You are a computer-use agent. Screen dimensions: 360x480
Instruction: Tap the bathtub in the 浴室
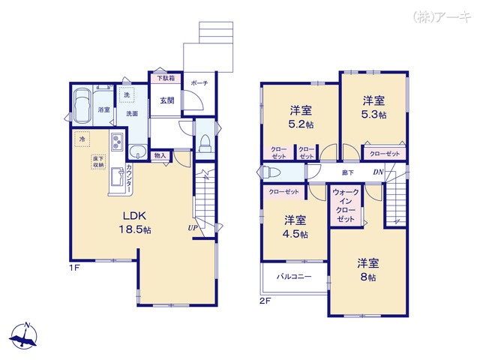click(x=82, y=102)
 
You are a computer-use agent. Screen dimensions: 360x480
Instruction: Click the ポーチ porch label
click(x=199, y=83)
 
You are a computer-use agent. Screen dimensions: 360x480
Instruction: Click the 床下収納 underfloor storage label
click(x=98, y=162)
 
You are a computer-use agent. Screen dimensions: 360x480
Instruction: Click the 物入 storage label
click(x=160, y=155)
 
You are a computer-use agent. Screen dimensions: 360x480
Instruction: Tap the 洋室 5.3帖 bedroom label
click(x=373, y=106)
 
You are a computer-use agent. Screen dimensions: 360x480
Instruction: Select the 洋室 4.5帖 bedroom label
click(x=295, y=226)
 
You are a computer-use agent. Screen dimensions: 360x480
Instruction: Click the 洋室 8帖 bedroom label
click(x=367, y=269)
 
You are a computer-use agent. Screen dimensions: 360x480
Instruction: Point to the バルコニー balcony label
click(x=292, y=276)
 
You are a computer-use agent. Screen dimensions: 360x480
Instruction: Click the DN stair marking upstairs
click(x=379, y=172)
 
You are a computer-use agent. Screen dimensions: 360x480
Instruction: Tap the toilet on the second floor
click(x=271, y=172)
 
